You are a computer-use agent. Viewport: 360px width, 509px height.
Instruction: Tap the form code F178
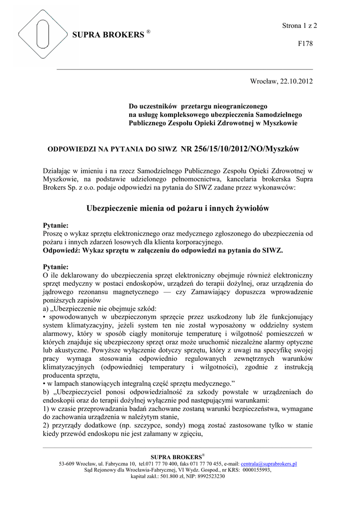tap(305, 44)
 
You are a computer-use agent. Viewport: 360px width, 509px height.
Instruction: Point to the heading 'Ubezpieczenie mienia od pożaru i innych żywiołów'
tap(178, 209)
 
